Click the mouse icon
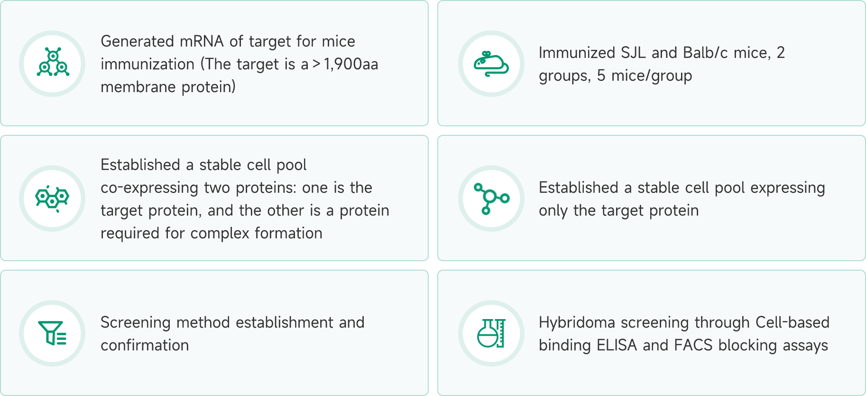pos(491,64)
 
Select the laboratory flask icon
pos(491,333)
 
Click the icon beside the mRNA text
pos(53,62)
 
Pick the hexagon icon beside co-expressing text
pos(52,198)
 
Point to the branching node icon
pos(491,198)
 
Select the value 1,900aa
pos(351,64)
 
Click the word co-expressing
pos(149,188)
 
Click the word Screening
pos(135,323)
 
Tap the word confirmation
pos(145,345)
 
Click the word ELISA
pos(617,345)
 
